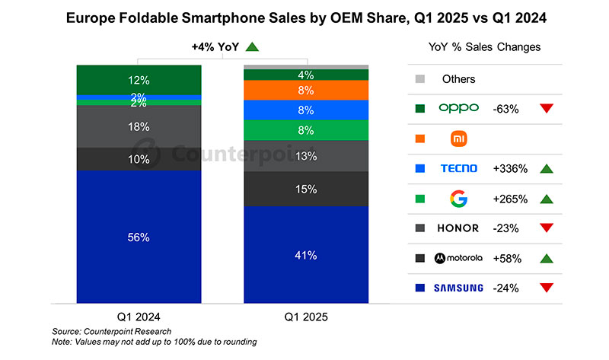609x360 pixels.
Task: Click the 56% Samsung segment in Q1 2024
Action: tap(139, 237)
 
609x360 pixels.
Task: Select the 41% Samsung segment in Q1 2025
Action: tap(305, 255)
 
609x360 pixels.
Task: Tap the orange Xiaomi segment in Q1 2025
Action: tap(305, 90)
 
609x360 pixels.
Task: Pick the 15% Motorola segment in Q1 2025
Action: tap(305, 189)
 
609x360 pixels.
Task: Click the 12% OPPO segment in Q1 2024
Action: tap(139, 80)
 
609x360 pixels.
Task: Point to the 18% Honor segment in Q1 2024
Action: tap(139, 127)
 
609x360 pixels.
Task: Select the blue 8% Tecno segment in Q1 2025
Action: tap(305, 110)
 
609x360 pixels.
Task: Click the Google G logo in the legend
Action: tap(458, 199)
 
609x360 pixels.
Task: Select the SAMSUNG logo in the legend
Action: tap(459, 288)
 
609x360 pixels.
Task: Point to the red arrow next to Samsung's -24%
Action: tap(545, 288)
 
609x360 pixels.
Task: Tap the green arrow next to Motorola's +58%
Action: tap(545, 258)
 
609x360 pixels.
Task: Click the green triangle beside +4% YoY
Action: tap(252, 47)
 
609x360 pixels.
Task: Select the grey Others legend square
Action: tap(419, 79)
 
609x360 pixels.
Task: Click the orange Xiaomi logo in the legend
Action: tap(458, 139)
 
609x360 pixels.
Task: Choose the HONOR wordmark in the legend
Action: tap(459, 228)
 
